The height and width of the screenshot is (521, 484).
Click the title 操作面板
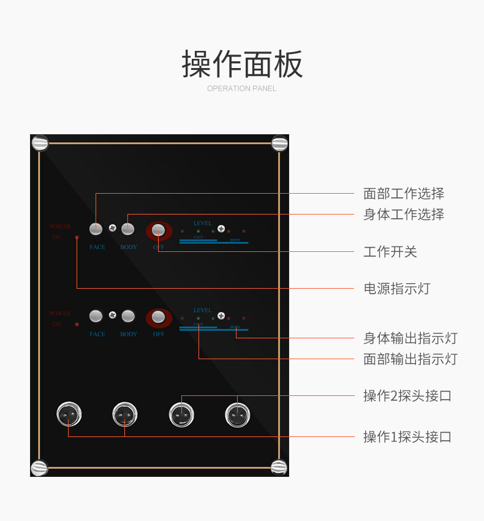(242, 64)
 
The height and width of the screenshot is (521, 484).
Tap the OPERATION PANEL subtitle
(241, 88)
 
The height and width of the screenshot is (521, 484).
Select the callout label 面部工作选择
(404, 194)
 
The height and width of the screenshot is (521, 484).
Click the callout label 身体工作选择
(404, 214)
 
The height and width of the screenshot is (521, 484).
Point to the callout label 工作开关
(390, 251)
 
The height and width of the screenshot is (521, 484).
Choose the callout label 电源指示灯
(397, 288)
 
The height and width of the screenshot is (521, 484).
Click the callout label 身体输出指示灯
(410, 338)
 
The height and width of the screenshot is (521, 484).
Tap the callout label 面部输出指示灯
(410, 359)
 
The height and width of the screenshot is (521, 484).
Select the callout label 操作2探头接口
(407, 395)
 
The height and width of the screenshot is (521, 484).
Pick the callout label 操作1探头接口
(407, 436)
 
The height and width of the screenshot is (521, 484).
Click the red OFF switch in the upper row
(159, 230)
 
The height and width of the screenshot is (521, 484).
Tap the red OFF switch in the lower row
(159, 317)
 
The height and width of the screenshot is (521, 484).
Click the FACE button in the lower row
(96, 316)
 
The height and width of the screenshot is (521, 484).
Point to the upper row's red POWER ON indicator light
(77, 237)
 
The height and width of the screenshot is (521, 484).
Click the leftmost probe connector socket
(69, 415)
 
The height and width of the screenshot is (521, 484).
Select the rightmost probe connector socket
(237, 415)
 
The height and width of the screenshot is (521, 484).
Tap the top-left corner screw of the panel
(40, 143)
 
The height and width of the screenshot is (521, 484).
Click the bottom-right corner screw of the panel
(279, 467)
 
